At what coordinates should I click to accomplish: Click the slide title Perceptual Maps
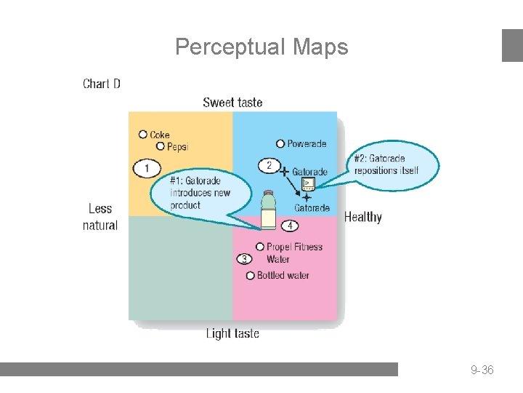click(x=261, y=47)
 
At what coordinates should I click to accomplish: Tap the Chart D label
click(x=102, y=84)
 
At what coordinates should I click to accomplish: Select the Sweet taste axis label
click(x=232, y=103)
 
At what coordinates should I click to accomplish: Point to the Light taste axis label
click(x=232, y=333)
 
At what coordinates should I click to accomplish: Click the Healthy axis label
click(x=363, y=217)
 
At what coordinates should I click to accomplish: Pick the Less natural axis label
click(x=100, y=217)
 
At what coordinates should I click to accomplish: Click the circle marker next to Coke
click(x=143, y=134)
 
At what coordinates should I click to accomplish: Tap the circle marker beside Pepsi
click(x=160, y=146)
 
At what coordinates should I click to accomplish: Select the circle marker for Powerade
click(x=280, y=143)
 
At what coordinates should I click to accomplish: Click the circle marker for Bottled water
click(x=251, y=275)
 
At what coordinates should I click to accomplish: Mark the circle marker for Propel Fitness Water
click(x=260, y=247)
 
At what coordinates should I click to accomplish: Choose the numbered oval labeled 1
click(x=147, y=169)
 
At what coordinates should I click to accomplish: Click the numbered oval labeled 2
click(x=269, y=165)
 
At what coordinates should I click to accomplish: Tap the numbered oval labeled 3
click(x=245, y=259)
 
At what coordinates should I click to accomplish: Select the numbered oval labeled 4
click(x=290, y=226)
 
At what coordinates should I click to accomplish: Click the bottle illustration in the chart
click(x=269, y=209)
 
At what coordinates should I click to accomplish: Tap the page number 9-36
click(x=482, y=370)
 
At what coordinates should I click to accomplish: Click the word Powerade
click(x=307, y=144)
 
